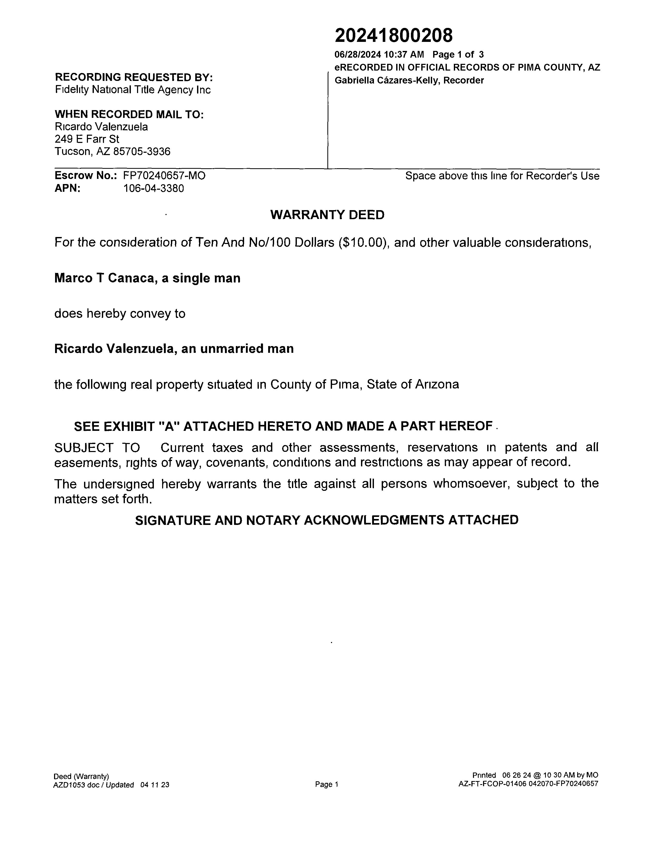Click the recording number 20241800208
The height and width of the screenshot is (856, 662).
tap(393, 36)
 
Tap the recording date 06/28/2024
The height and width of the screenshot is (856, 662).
tap(357, 55)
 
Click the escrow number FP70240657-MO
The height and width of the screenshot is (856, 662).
tap(164, 175)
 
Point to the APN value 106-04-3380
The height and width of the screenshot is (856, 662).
tap(153, 188)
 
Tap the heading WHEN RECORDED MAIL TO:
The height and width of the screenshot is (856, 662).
tap(129, 114)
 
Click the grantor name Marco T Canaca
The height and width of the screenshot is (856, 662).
tap(103, 278)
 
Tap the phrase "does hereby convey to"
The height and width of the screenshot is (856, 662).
tap(120, 314)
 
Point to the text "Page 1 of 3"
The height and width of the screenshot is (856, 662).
tap(458, 55)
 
